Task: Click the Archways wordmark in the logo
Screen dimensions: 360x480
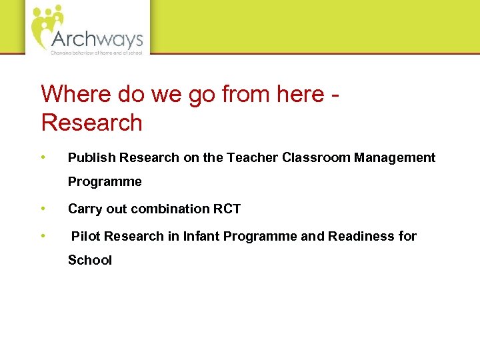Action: [x=97, y=38]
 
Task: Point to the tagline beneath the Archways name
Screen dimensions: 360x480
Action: [x=97, y=52]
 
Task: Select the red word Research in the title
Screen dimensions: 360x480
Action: [x=92, y=123]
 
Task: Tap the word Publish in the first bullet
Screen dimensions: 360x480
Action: [x=89, y=158]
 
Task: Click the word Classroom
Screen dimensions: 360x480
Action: [x=316, y=158]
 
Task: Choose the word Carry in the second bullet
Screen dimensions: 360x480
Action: [x=83, y=209]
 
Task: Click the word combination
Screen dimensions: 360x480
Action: [x=170, y=209]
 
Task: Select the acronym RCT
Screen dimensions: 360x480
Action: [x=227, y=209]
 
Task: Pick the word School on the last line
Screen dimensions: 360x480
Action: [x=90, y=260]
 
